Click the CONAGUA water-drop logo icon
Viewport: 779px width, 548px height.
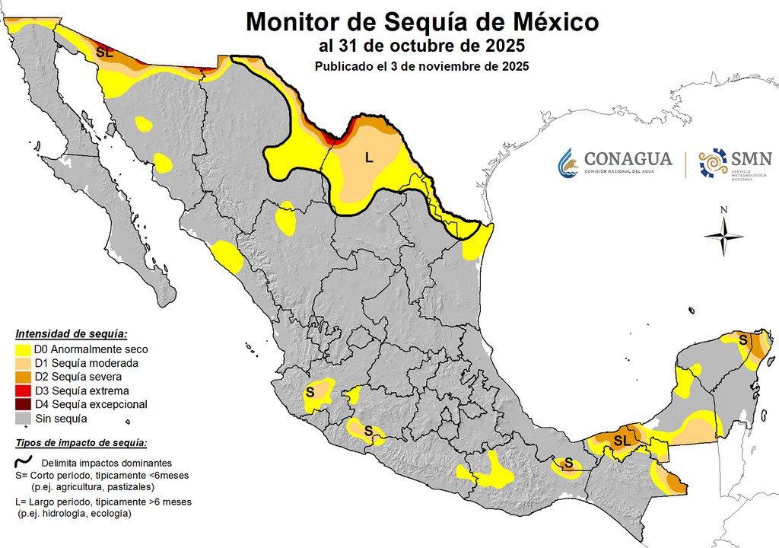(568, 161)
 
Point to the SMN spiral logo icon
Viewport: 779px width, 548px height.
(713, 162)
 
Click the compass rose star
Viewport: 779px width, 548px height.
(723, 236)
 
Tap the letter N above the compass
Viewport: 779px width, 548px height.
(724, 210)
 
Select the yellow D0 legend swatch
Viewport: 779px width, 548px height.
(25, 349)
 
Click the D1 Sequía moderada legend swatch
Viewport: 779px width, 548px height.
(25, 363)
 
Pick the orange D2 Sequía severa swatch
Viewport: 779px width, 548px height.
(25, 377)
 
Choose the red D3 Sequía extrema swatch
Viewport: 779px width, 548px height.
(25, 390)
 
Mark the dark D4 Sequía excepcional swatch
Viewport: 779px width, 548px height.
(25, 404)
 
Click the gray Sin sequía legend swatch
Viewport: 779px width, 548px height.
(25, 418)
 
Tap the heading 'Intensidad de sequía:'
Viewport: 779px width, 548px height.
(72, 334)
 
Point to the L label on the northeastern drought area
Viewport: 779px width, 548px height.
(369, 158)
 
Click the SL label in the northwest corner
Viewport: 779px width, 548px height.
(105, 53)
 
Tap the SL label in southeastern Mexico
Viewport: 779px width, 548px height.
(622, 441)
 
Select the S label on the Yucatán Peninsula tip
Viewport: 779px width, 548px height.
(742, 340)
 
